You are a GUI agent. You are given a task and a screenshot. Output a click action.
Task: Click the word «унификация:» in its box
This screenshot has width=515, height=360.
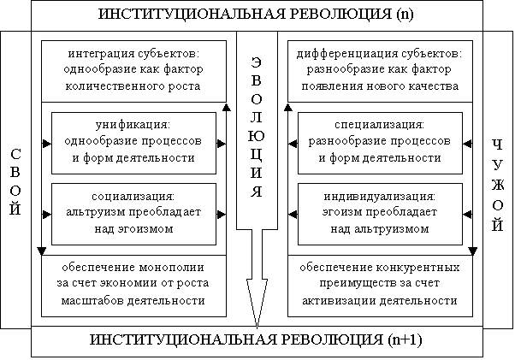click(x=133, y=125)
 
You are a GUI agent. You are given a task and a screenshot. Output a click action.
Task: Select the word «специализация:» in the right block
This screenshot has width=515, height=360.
click(x=379, y=125)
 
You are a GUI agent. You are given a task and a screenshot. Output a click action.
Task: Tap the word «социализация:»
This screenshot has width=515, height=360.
click(x=133, y=196)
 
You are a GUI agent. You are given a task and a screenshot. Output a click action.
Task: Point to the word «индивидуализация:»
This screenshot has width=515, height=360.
click(x=379, y=196)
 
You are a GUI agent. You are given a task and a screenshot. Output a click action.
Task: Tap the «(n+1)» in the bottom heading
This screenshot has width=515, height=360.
click(x=405, y=340)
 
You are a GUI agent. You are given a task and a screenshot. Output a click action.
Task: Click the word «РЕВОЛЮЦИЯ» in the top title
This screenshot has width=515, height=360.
click(x=340, y=15)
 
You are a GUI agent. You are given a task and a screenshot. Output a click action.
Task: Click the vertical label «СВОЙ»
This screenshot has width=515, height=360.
click(x=15, y=182)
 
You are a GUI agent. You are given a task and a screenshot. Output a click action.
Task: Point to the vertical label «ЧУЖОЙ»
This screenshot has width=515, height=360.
click(x=498, y=186)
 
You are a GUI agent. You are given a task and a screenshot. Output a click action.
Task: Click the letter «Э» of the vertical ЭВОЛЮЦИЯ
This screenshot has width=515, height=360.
click(x=257, y=62)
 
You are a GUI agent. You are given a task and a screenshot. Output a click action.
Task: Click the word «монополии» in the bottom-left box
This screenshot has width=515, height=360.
click(x=172, y=268)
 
